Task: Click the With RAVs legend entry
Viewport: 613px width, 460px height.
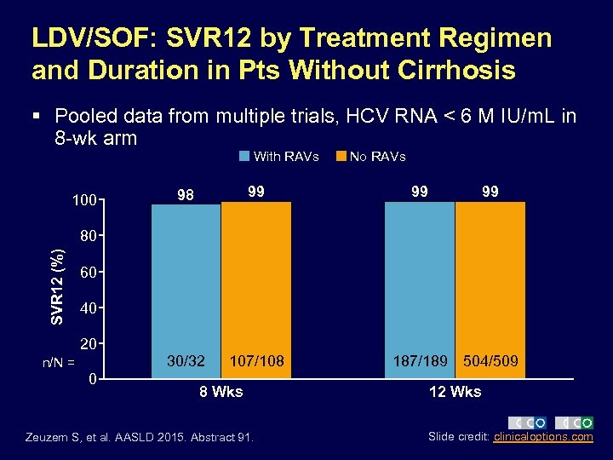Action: coord(278,156)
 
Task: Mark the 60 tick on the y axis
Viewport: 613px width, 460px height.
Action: coord(88,273)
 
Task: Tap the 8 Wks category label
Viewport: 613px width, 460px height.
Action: coord(221,392)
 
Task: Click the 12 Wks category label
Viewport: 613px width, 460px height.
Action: coord(455,392)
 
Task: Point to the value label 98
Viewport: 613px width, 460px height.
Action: coord(186,195)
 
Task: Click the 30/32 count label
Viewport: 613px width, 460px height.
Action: coord(186,361)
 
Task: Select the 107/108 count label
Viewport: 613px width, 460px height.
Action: coord(256,361)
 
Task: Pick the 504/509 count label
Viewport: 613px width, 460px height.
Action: coord(490,361)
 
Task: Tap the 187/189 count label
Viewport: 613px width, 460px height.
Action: coord(420,361)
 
